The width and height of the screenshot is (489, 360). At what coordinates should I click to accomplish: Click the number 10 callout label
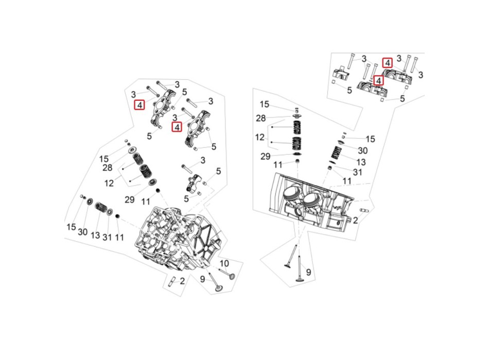click(224, 264)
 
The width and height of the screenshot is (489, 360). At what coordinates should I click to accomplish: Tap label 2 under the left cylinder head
click(182, 281)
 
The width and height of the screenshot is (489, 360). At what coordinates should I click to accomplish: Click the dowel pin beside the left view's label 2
click(171, 281)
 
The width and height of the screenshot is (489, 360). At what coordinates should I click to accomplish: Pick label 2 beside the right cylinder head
click(355, 221)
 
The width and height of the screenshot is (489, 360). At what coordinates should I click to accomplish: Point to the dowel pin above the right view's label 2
click(364, 210)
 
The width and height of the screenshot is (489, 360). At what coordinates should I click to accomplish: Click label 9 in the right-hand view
click(308, 273)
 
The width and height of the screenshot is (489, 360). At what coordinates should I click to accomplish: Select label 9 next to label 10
click(202, 279)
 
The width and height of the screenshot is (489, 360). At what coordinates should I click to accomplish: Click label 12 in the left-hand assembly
click(109, 183)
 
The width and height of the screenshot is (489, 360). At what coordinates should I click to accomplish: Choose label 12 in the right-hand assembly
click(260, 137)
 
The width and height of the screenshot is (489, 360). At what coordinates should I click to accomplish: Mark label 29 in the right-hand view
click(265, 156)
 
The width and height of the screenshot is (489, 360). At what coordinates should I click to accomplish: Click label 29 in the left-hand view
click(129, 200)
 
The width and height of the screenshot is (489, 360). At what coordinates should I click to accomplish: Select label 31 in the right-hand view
click(357, 172)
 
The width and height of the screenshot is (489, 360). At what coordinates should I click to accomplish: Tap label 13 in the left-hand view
click(95, 236)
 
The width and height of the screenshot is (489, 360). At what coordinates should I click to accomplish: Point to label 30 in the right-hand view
click(362, 151)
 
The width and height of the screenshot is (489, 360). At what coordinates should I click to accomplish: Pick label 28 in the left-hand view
click(107, 168)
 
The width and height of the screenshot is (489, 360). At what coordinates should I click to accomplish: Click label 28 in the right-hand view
click(261, 118)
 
